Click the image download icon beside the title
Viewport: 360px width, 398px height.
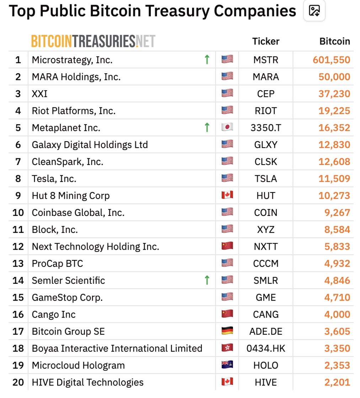pos(314,11)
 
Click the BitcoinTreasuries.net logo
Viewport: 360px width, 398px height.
pos(93,41)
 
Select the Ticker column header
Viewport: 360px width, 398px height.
pos(266,41)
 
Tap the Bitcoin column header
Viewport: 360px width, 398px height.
pos(334,41)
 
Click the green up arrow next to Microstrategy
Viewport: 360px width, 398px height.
pos(207,59)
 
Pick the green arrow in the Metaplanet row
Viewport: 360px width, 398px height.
pos(207,127)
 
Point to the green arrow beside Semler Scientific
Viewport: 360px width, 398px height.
pos(207,280)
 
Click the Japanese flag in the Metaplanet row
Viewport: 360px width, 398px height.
pos(227,127)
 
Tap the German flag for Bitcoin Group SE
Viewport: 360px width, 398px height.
pos(227,331)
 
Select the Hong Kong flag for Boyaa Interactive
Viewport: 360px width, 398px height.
pos(227,348)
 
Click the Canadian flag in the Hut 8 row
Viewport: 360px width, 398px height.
pos(227,195)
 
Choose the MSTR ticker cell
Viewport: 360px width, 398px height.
pos(266,60)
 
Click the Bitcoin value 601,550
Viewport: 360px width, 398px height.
pos(332,60)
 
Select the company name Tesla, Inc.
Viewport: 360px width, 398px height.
pos(54,179)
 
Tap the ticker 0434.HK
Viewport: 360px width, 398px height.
pos(266,349)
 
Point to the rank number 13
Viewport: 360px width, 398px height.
pos(18,264)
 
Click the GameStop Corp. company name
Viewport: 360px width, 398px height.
pos(67,297)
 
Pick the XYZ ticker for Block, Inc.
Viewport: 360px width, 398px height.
pos(266,229)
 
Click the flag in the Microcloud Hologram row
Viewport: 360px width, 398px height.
pos(227,365)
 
